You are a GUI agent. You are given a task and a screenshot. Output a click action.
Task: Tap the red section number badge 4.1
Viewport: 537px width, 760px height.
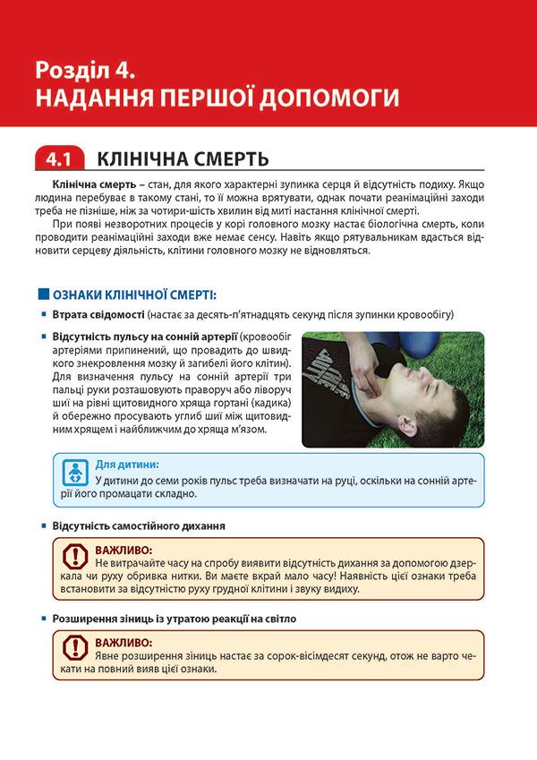coord(59,160)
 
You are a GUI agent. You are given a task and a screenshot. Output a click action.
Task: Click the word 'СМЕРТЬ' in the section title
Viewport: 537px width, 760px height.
coord(222,160)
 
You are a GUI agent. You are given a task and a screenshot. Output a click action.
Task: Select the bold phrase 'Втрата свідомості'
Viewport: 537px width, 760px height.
coord(99,315)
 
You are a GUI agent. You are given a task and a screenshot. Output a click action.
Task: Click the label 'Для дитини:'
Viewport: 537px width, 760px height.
coord(127,465)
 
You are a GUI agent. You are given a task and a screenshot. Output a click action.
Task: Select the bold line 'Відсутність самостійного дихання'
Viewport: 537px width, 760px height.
coord(139,525)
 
